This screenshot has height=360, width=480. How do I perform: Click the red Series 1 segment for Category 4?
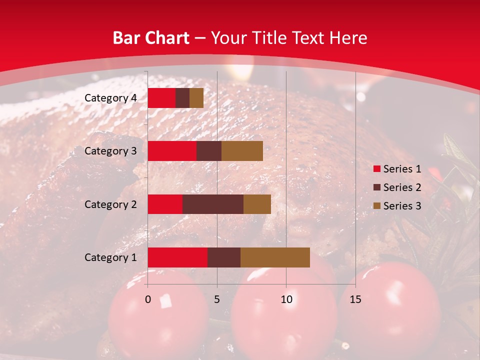[161, 98]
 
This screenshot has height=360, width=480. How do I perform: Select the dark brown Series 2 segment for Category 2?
[213, 204]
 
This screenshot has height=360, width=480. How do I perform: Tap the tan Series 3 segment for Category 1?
[275, 257]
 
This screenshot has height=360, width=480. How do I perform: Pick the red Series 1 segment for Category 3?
[172, 151]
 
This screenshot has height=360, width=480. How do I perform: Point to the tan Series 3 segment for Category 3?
[242, 151]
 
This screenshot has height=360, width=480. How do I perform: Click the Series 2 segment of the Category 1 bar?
[224, 257]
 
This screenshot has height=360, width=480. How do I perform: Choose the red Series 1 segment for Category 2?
[165, 204]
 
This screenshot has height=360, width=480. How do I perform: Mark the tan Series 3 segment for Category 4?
[196, 98]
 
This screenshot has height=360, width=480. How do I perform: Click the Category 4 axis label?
[110, 98]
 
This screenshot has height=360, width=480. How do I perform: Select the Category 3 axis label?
[110, 151]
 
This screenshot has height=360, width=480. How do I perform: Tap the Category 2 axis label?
[110, 204]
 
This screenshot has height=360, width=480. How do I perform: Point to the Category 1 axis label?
[110, 257]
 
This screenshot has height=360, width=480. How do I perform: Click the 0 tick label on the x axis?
[147, 299]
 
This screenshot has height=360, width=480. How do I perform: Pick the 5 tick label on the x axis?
[217, 299]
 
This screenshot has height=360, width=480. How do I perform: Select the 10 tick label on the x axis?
[286, 299]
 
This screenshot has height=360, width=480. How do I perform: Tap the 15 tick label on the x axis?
[355, 299]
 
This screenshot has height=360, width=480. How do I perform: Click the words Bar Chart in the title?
[150, 38]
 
